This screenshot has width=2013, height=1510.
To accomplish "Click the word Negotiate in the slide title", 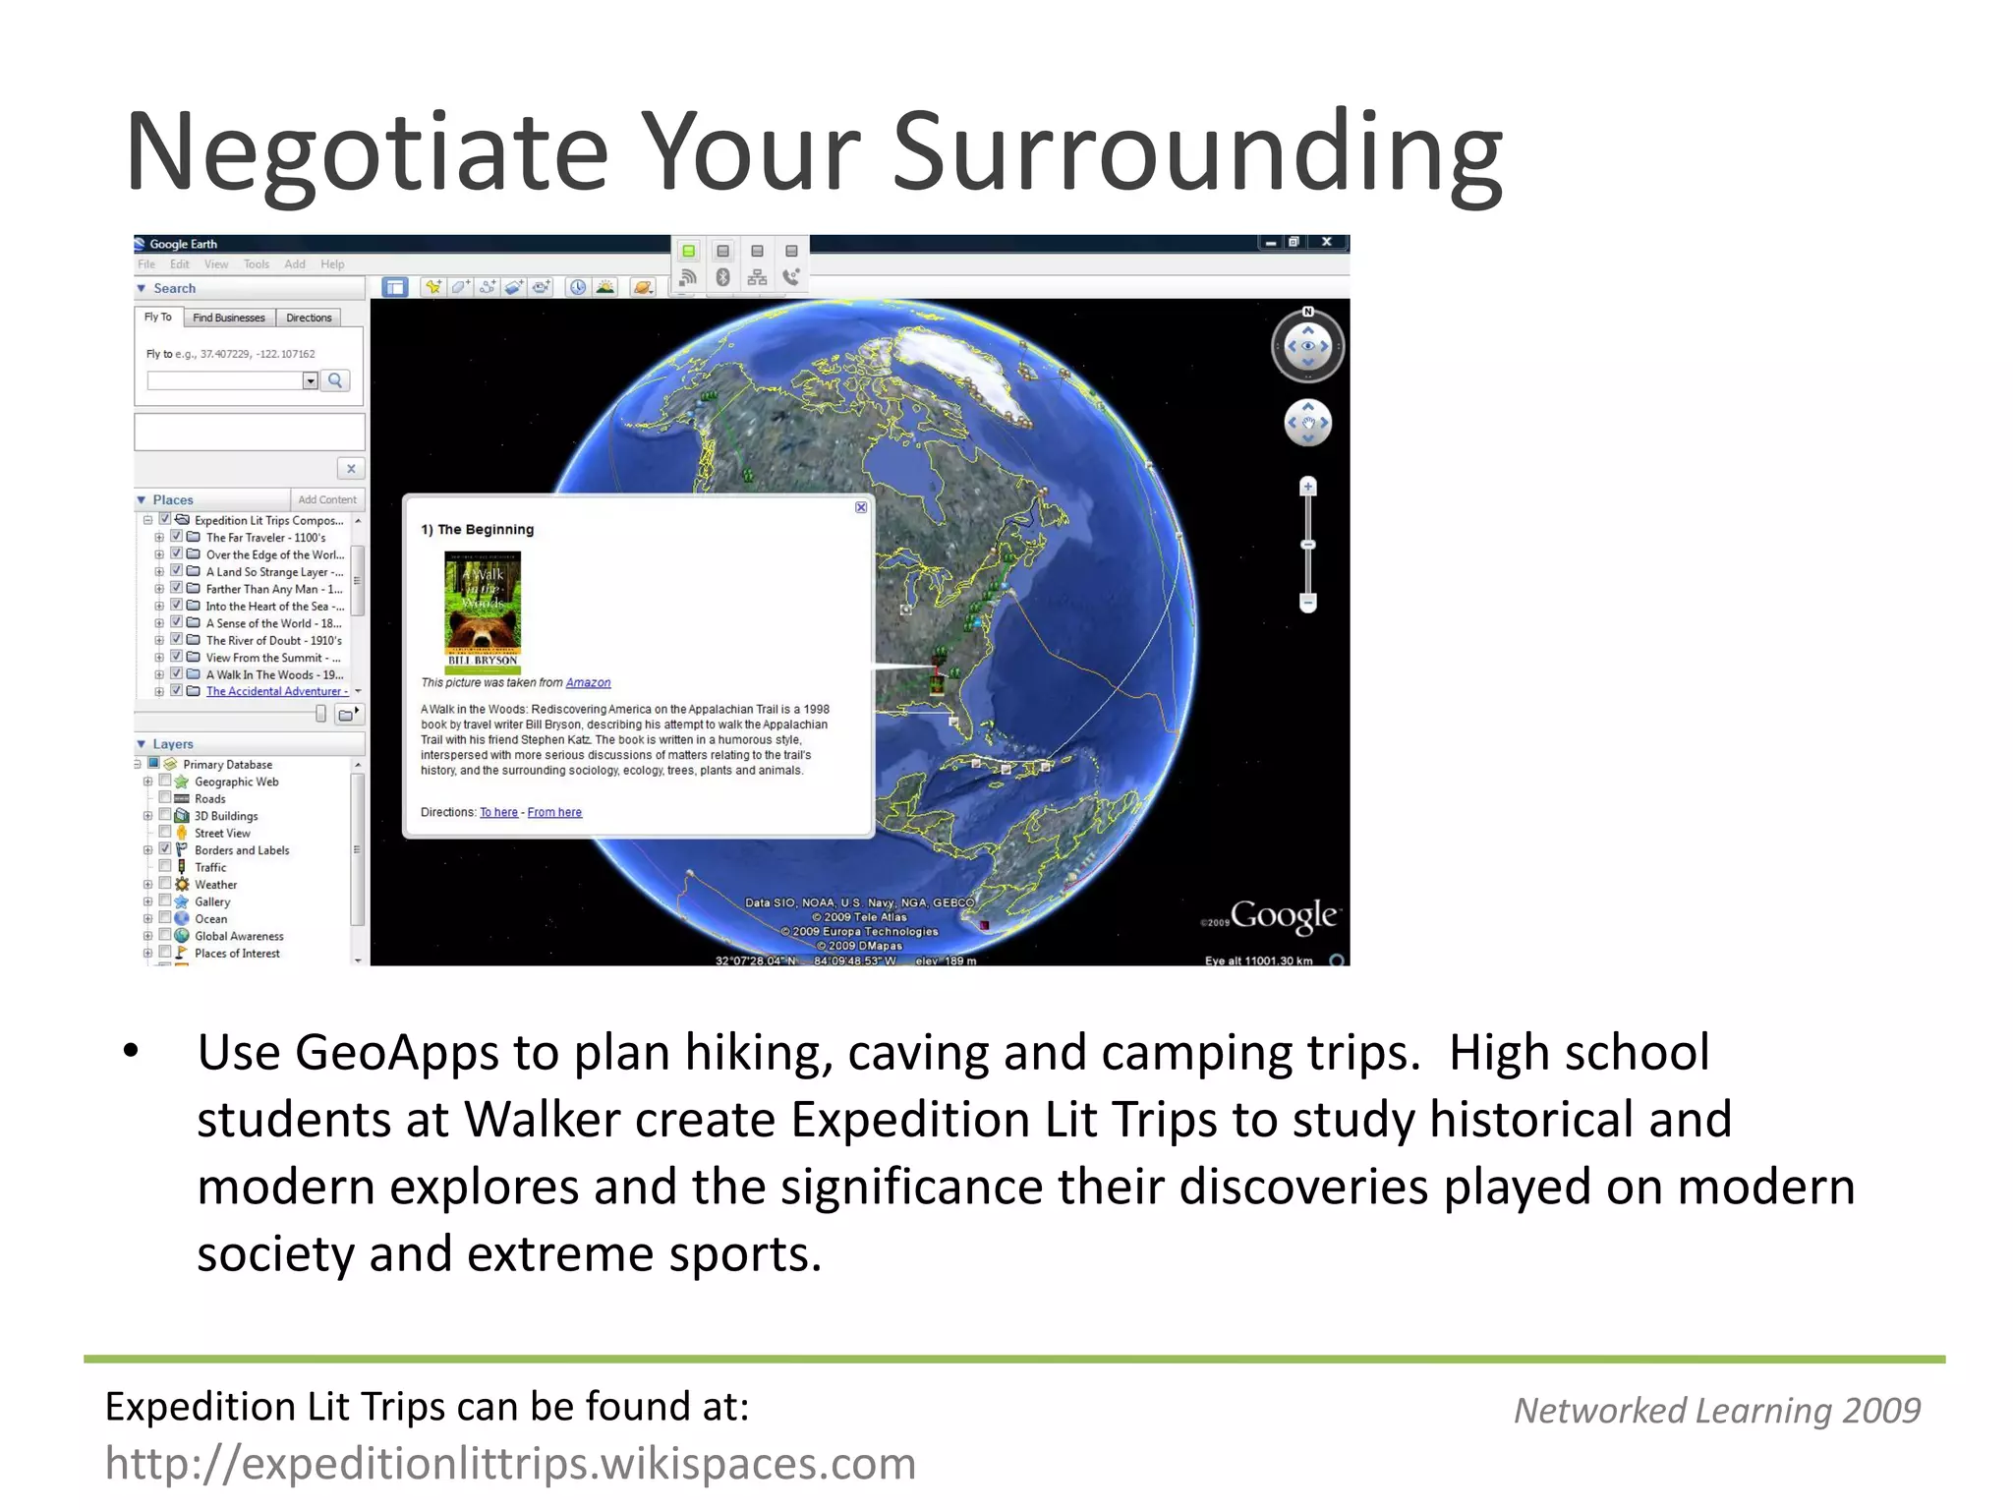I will coord(367,152).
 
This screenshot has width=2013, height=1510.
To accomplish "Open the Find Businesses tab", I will coord(228,318).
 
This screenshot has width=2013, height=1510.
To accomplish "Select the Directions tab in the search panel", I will coord(309,318).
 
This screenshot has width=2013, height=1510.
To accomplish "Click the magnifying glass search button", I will coord(335,380).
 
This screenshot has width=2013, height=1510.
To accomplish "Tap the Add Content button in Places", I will coord(327,499).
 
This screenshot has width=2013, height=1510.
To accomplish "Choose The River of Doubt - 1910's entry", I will coord(273,640).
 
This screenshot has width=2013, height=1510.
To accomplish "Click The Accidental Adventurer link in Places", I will coord(276,691).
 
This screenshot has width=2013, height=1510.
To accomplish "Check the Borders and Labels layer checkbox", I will coord(165,849).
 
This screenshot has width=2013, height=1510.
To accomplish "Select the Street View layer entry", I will coord(222,833).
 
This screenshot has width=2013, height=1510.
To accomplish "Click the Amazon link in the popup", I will coord(588,682).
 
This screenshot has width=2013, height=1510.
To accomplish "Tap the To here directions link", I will coord(498,812).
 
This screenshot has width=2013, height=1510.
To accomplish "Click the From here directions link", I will coord(554,812).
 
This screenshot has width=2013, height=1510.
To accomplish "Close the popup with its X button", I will coord(861,507).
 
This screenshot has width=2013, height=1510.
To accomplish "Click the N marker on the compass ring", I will coord(1307,312).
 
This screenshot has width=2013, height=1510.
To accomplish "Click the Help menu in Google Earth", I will coord(332,264).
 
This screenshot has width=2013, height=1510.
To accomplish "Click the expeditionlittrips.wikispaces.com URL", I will coord(510,1464).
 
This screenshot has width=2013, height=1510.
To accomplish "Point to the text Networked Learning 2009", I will coord(1716,1411).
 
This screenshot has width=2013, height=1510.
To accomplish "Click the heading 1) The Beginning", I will coord(478,529).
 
